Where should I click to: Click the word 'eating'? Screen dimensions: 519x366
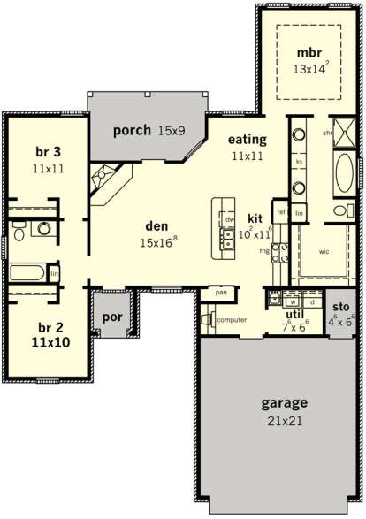pos(248,139)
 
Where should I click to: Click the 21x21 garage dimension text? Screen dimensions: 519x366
pos(284,422)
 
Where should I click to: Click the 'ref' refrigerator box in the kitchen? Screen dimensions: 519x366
pos(280,212)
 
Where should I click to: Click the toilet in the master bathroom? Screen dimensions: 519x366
pos(339,210)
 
